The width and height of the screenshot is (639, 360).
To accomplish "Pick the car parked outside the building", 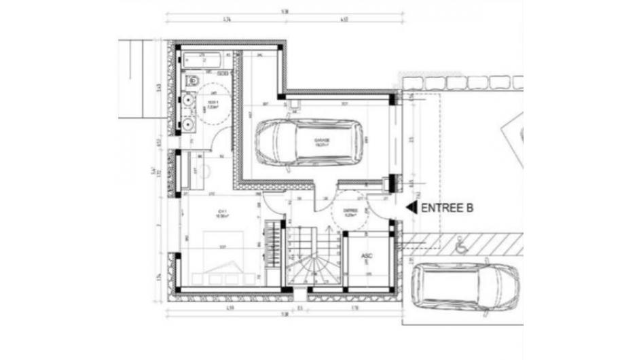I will (x=466, y=288).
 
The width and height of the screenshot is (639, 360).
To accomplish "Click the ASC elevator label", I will (x=367, y=257).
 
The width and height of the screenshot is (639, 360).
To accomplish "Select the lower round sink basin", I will (x=188, y=124).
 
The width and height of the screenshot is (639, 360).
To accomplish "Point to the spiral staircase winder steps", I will (x=308, y=269).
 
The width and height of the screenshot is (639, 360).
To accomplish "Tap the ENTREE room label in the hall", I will (x=350, y=212).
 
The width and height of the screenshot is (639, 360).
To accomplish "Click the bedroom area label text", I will (x=221, y=213).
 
